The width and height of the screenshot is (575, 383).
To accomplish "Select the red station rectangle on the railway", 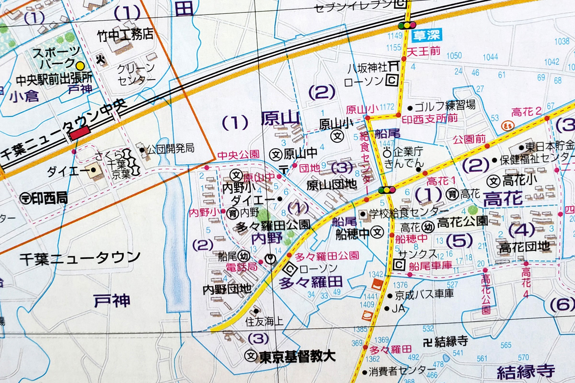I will (x=80, y=133).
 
